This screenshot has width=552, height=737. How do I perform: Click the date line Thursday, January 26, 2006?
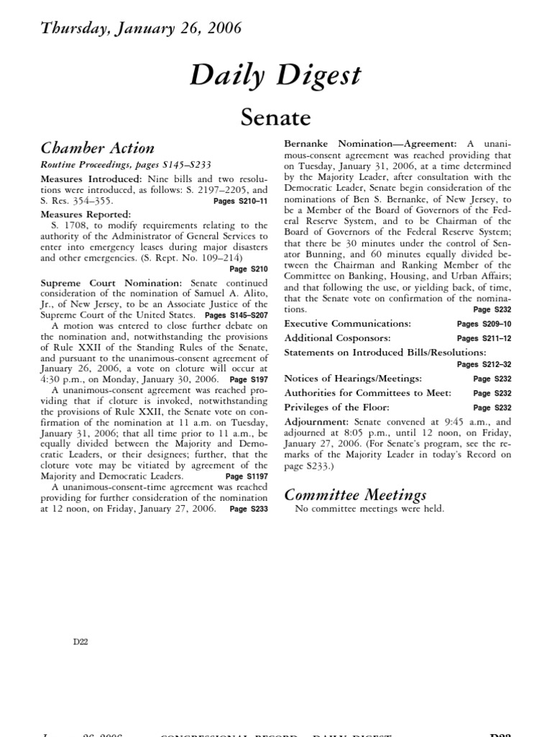[x=141, y=29]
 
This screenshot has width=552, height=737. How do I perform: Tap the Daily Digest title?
[x=275, y=76]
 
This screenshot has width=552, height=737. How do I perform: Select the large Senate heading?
[x=275, y=117]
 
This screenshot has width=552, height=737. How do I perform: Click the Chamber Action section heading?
[x=97, y=148]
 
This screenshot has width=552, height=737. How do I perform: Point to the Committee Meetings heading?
[x=355, y=494]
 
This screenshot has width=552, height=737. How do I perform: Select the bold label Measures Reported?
[x=86, y=214]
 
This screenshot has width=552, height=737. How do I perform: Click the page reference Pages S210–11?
[x=240, y=202]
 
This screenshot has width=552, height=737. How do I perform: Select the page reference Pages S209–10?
[x=484, y=324]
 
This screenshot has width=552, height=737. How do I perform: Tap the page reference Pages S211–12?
[x=484, y=338]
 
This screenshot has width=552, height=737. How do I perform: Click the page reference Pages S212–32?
[x=484, y=365]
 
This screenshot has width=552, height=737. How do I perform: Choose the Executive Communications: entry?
[x=347, y=324]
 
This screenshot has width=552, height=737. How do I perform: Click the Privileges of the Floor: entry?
[x=339, y=407]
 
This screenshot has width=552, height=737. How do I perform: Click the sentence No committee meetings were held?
[x=369, y=509]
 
